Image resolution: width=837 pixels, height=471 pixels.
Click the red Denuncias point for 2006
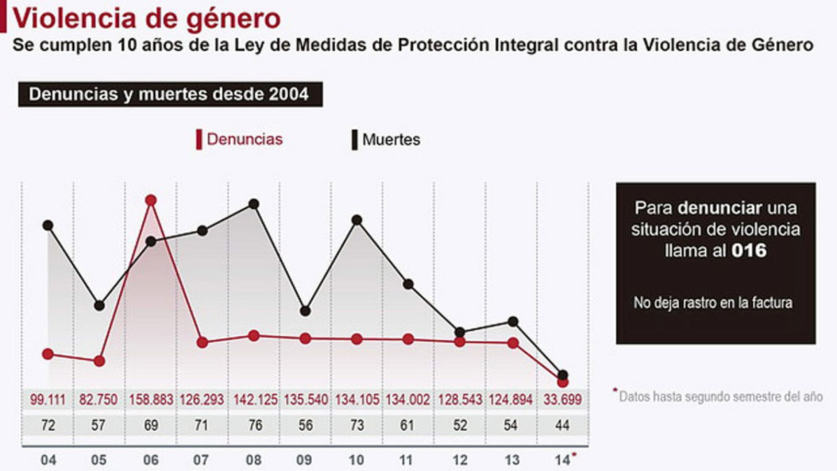[x=151, y=200]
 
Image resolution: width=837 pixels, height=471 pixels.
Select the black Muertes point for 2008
[x=254, y=204]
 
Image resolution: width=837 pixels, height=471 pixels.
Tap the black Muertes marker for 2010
[x=357, y=220]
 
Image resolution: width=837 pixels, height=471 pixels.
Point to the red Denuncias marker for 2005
[x=99, y=361]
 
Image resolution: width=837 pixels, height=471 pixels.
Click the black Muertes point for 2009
[x=306, y=311]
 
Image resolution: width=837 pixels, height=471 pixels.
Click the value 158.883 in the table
[x=151, y=400]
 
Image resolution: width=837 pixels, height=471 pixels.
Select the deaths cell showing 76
[x=255, y=425]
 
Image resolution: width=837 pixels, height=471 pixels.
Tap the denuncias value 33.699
[x=562, y=400]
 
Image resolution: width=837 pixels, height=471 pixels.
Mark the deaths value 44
[x=562, y=425]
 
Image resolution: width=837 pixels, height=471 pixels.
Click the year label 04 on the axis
[x=48, y=461]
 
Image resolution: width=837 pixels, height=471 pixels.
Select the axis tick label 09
[x=304, y=461]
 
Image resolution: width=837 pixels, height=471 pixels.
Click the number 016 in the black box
[x=749, y=250]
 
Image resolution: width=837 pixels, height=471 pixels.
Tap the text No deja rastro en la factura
[x=712, y=302]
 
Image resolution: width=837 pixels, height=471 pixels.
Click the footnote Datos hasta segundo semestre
[x=720, y=397]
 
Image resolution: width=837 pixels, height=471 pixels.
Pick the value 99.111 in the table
[x=48, y=400]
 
